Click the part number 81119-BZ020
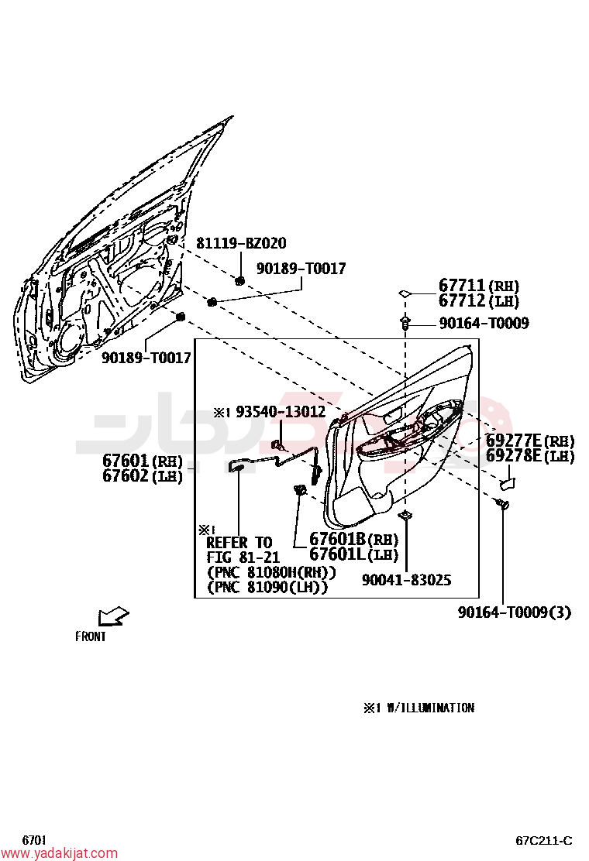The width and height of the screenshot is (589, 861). [x=241, y=242]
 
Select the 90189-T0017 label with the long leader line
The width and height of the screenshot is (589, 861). [x=301, y=268]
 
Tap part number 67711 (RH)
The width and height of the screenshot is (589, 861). [x=479, y=285]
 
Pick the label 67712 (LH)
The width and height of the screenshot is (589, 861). [x=479, y=300]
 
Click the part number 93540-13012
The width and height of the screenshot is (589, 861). [x=281, y=412]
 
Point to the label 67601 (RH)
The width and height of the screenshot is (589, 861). [x=143, y=460]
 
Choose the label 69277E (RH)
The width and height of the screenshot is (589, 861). [x=530, y=441]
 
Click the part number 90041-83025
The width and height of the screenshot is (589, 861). [x=407, y=580]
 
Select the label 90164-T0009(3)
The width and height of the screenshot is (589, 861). [x=515, y=612]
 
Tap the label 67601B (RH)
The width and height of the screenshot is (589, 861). [x=354, y=539]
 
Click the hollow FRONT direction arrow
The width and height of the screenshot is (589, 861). [x=113, y=616]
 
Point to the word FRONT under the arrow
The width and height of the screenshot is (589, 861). [x=91, y=636]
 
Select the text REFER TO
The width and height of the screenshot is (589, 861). [x=239, y=543]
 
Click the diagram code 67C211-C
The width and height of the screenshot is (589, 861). [x=544, y=841]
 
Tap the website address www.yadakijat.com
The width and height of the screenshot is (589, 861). [x=59, y=853]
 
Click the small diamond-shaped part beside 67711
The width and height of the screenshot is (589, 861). [x=405, y=293]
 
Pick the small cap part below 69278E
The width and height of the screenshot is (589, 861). [x=507, y=483]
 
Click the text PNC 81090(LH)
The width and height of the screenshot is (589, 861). [x=268, y=587]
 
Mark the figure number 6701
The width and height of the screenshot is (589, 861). [x=34, y=840]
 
